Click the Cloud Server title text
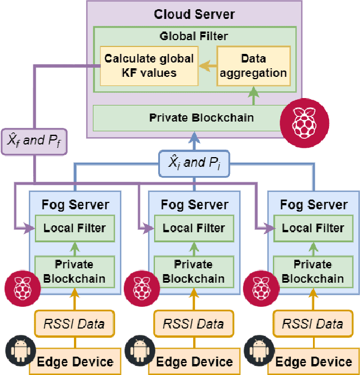pos(194,14)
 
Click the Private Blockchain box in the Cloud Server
pos(194,118)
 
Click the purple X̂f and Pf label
pos(34,140)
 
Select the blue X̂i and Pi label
pos(194,162)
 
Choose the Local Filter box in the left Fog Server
pos(75,228)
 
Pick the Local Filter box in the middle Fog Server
pos(194,228)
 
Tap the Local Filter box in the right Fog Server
pos(313,228)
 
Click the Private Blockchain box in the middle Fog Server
pos(194,272)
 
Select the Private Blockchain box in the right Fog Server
pos(313,272)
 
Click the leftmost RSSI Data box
pos(75,324)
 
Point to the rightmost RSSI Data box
pos(313,324)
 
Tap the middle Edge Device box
pos(194,362)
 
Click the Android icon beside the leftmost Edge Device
pos(19,350)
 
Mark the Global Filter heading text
pos(194,36)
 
